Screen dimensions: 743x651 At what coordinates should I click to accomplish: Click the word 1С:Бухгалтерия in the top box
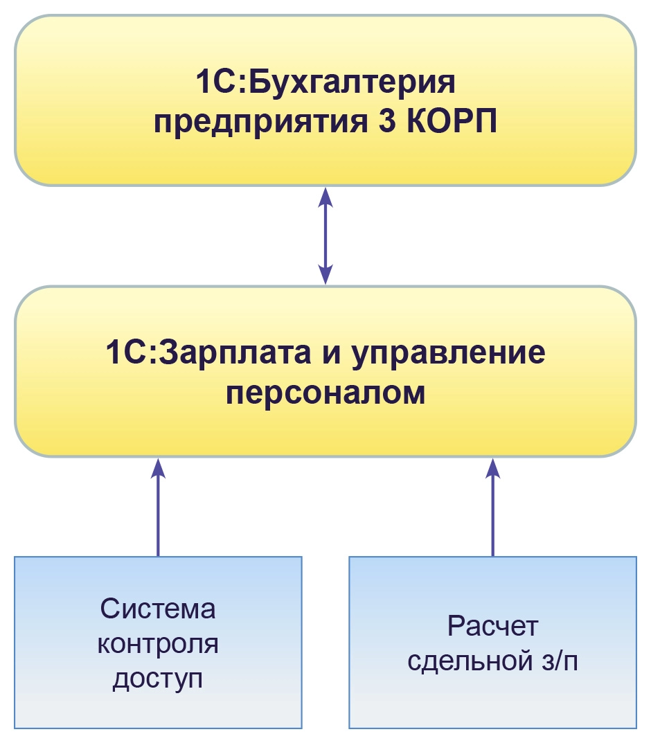[325, 84]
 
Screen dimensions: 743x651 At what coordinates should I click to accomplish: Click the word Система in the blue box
[158, 609]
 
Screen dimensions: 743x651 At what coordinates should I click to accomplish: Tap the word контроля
[158, 644]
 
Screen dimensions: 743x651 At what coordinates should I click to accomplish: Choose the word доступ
[158, 679]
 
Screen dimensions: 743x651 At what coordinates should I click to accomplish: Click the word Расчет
[492, 627]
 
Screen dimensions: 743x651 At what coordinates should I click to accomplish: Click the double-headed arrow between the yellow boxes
[325, 235]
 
